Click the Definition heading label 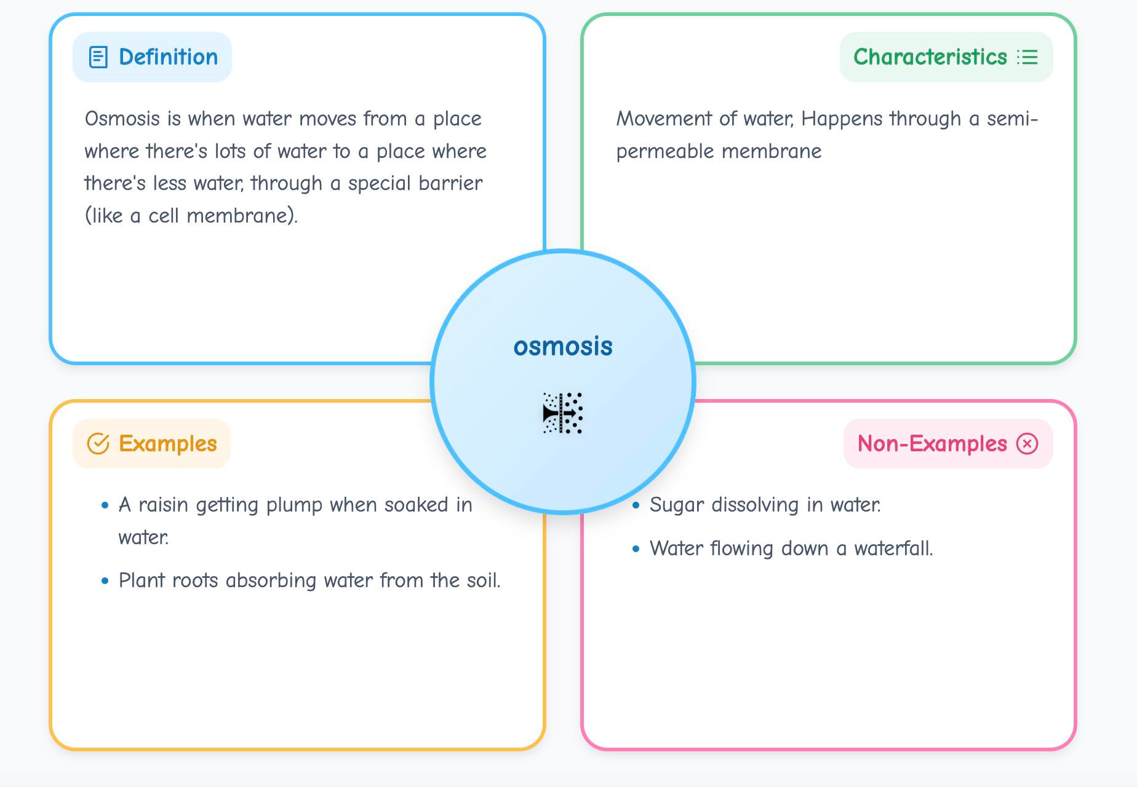(x=168, y=57)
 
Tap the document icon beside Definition (x=98, y=57)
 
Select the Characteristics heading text (x=930, y=57)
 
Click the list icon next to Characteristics (x=1027, y=57)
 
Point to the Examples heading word (x=167, y=443)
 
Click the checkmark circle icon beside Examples (x=98, y=443)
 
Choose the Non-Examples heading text (x=932, y=443)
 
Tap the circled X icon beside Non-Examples (x=1027, y=443)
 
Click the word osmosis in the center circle (x=563, y=347)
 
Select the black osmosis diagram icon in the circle (x=563, y=413)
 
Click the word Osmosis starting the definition (x=122, y=119)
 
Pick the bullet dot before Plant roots (x=105, y=580)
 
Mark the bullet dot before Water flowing (x=636, y=548)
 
